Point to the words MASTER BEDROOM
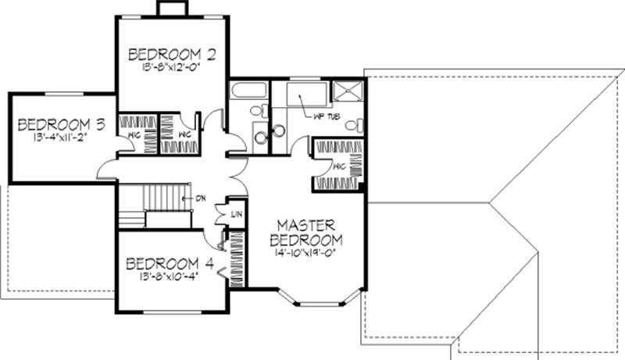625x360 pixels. [x=306, y=230]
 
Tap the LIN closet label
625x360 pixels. [x=235, y=214]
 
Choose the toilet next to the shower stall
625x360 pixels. [x=354, y=124]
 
